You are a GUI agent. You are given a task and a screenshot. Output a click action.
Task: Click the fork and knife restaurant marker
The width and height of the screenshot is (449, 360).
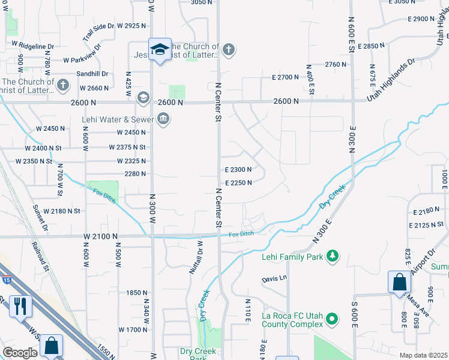[x=20, y=306]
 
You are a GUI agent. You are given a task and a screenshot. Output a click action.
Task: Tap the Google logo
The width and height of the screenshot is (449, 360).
[x=20, y=353]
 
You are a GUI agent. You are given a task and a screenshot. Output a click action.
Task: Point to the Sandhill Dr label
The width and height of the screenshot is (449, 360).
[x=92, y=74]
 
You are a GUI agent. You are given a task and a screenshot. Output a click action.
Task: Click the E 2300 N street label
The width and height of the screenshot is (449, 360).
[x=238, y=170]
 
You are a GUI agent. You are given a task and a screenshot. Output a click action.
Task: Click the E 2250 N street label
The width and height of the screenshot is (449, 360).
[x=238, y=184]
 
